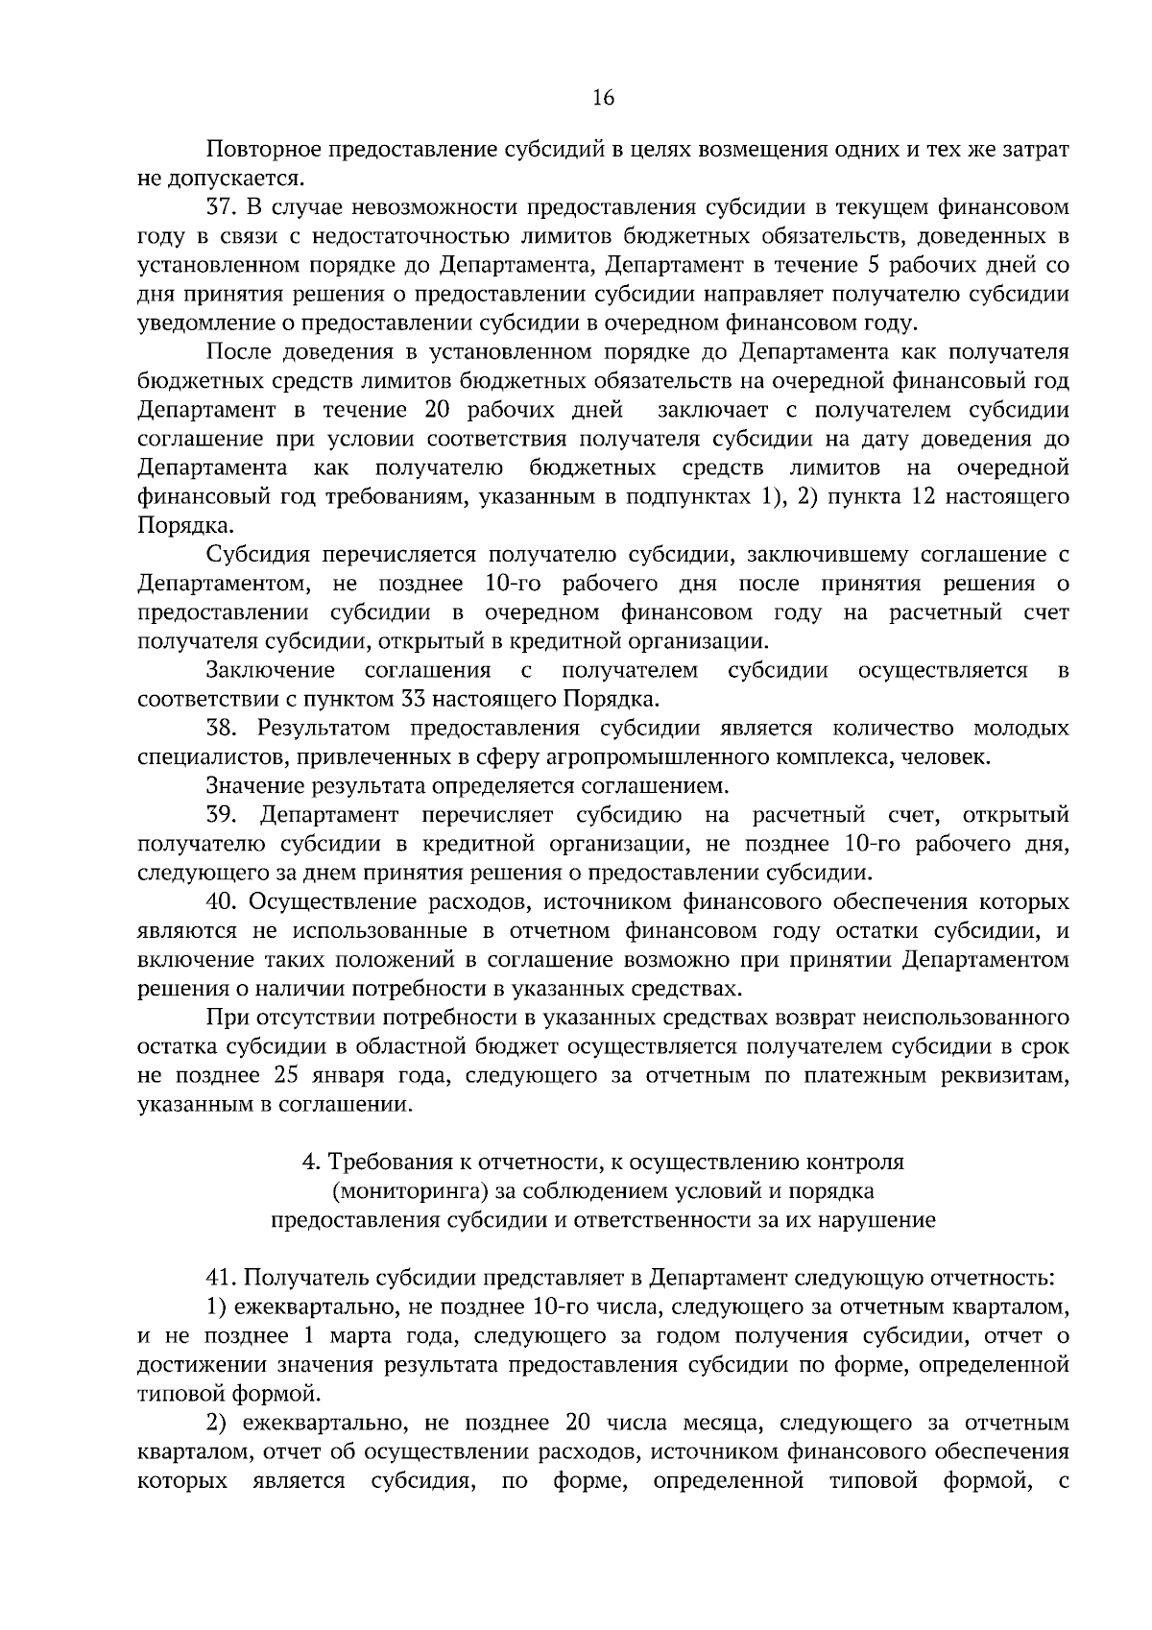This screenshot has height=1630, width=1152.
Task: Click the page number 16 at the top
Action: click(x=604, y=97)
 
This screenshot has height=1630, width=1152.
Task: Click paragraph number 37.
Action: click(x=220, y=207)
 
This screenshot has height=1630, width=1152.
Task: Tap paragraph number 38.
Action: click(x=221, y=729)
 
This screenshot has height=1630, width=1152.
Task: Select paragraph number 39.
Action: click(x=221, y=815)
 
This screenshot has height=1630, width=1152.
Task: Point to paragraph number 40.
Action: click(x=221, y=902)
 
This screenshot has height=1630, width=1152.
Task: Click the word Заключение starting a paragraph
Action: click(x=270, y=670)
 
